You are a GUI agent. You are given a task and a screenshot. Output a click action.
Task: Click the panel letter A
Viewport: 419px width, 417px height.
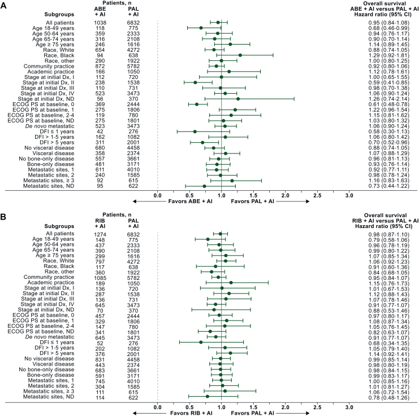(x=3, y=5)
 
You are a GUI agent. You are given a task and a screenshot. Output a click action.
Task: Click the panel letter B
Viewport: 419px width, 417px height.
(x=3, y=217)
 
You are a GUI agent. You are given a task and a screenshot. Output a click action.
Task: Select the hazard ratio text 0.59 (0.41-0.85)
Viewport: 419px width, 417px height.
(x=388, y=82)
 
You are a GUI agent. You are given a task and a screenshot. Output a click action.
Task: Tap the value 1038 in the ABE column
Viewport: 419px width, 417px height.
(x=100, y=23)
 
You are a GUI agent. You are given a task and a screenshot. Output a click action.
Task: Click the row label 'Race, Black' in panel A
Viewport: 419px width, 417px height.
(x=59, y=55)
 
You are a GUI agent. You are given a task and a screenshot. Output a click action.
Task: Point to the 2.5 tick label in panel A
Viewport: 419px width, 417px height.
(x=317, y=195)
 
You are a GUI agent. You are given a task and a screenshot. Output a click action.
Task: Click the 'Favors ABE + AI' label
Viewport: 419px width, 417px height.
(x=190, y=201)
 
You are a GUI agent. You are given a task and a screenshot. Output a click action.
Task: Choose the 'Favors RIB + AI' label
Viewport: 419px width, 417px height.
(x=191, y=413)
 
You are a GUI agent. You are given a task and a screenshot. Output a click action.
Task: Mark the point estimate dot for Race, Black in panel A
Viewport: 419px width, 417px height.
(x=240, y=55)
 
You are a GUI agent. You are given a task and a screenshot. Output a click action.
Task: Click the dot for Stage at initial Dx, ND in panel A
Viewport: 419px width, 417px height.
(x=238, y=99)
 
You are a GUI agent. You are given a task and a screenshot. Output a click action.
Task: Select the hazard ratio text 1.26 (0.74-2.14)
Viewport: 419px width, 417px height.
(x=388, y=99)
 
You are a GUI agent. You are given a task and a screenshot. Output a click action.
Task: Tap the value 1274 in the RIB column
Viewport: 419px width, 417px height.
(x=100, y=235)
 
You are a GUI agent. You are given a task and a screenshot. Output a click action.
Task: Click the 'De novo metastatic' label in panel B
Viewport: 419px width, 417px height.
(x=50, y=337)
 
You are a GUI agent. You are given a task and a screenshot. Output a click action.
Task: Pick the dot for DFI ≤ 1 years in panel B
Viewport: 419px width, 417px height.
(x=201, y=343)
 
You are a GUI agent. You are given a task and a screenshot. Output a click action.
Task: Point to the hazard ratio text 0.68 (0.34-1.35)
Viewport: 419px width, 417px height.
(x=388, y=344)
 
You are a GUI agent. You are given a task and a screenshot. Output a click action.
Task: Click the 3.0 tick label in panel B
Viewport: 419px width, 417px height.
(x=349, y=407)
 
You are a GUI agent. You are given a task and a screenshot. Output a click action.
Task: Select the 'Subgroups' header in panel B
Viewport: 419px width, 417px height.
(x=59, y=226)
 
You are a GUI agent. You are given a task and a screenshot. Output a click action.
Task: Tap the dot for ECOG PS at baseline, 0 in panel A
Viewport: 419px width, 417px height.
(x=197, y=104)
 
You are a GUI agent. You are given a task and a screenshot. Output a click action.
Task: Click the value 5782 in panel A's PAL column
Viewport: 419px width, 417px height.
(x=133, y=67)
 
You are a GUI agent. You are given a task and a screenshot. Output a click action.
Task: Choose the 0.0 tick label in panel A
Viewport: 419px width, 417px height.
(x=158, y=195)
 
